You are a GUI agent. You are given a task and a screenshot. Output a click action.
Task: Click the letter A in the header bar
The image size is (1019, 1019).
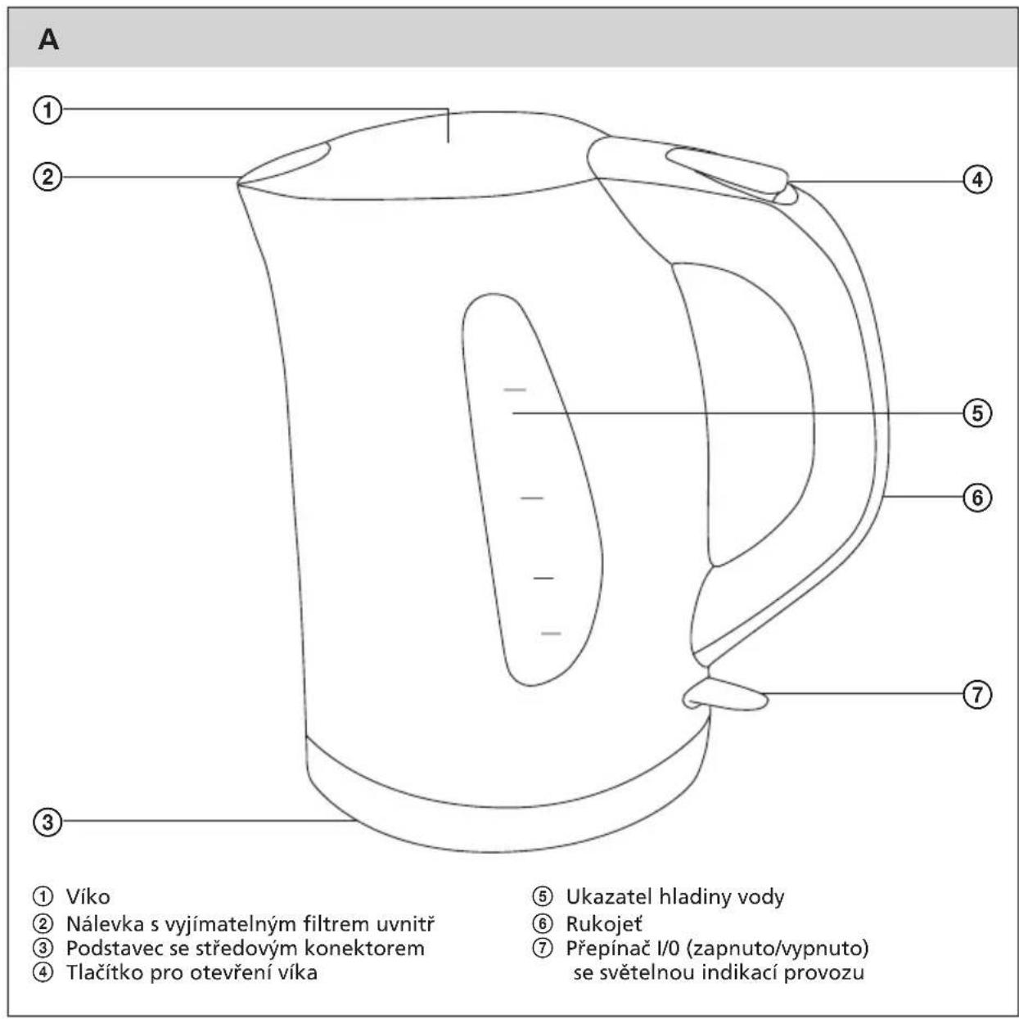[x=48, y=39]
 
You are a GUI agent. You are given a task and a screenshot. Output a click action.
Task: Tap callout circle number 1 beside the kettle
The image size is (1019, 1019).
[x=47, y=110]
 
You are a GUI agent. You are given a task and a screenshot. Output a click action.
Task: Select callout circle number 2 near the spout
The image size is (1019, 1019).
[x=47, y=177]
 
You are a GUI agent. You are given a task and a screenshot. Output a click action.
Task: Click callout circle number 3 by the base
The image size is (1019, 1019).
[x=47, y=823]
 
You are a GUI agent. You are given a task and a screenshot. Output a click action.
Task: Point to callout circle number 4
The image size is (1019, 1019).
[x=976, y=180]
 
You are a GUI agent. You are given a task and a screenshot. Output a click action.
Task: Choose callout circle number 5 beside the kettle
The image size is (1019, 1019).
[x=976, y=413]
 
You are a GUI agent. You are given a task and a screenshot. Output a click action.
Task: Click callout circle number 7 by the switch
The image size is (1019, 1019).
[x=976, y=694]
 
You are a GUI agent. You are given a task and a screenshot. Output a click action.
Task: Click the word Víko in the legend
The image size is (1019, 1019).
[x=88, y=897]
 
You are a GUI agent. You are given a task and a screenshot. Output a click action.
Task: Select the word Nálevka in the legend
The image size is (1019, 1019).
[x=98, y=924]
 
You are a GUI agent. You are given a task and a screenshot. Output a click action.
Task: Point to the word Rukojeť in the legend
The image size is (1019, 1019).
[x=604, y=924]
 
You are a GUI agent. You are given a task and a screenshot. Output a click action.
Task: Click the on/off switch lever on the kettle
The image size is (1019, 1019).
[x=725, y=695]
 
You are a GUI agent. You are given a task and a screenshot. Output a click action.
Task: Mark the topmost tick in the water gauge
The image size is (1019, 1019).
[x=515, y=390]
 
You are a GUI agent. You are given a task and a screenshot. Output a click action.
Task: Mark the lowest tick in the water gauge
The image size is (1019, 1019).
[x=551, y=633]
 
